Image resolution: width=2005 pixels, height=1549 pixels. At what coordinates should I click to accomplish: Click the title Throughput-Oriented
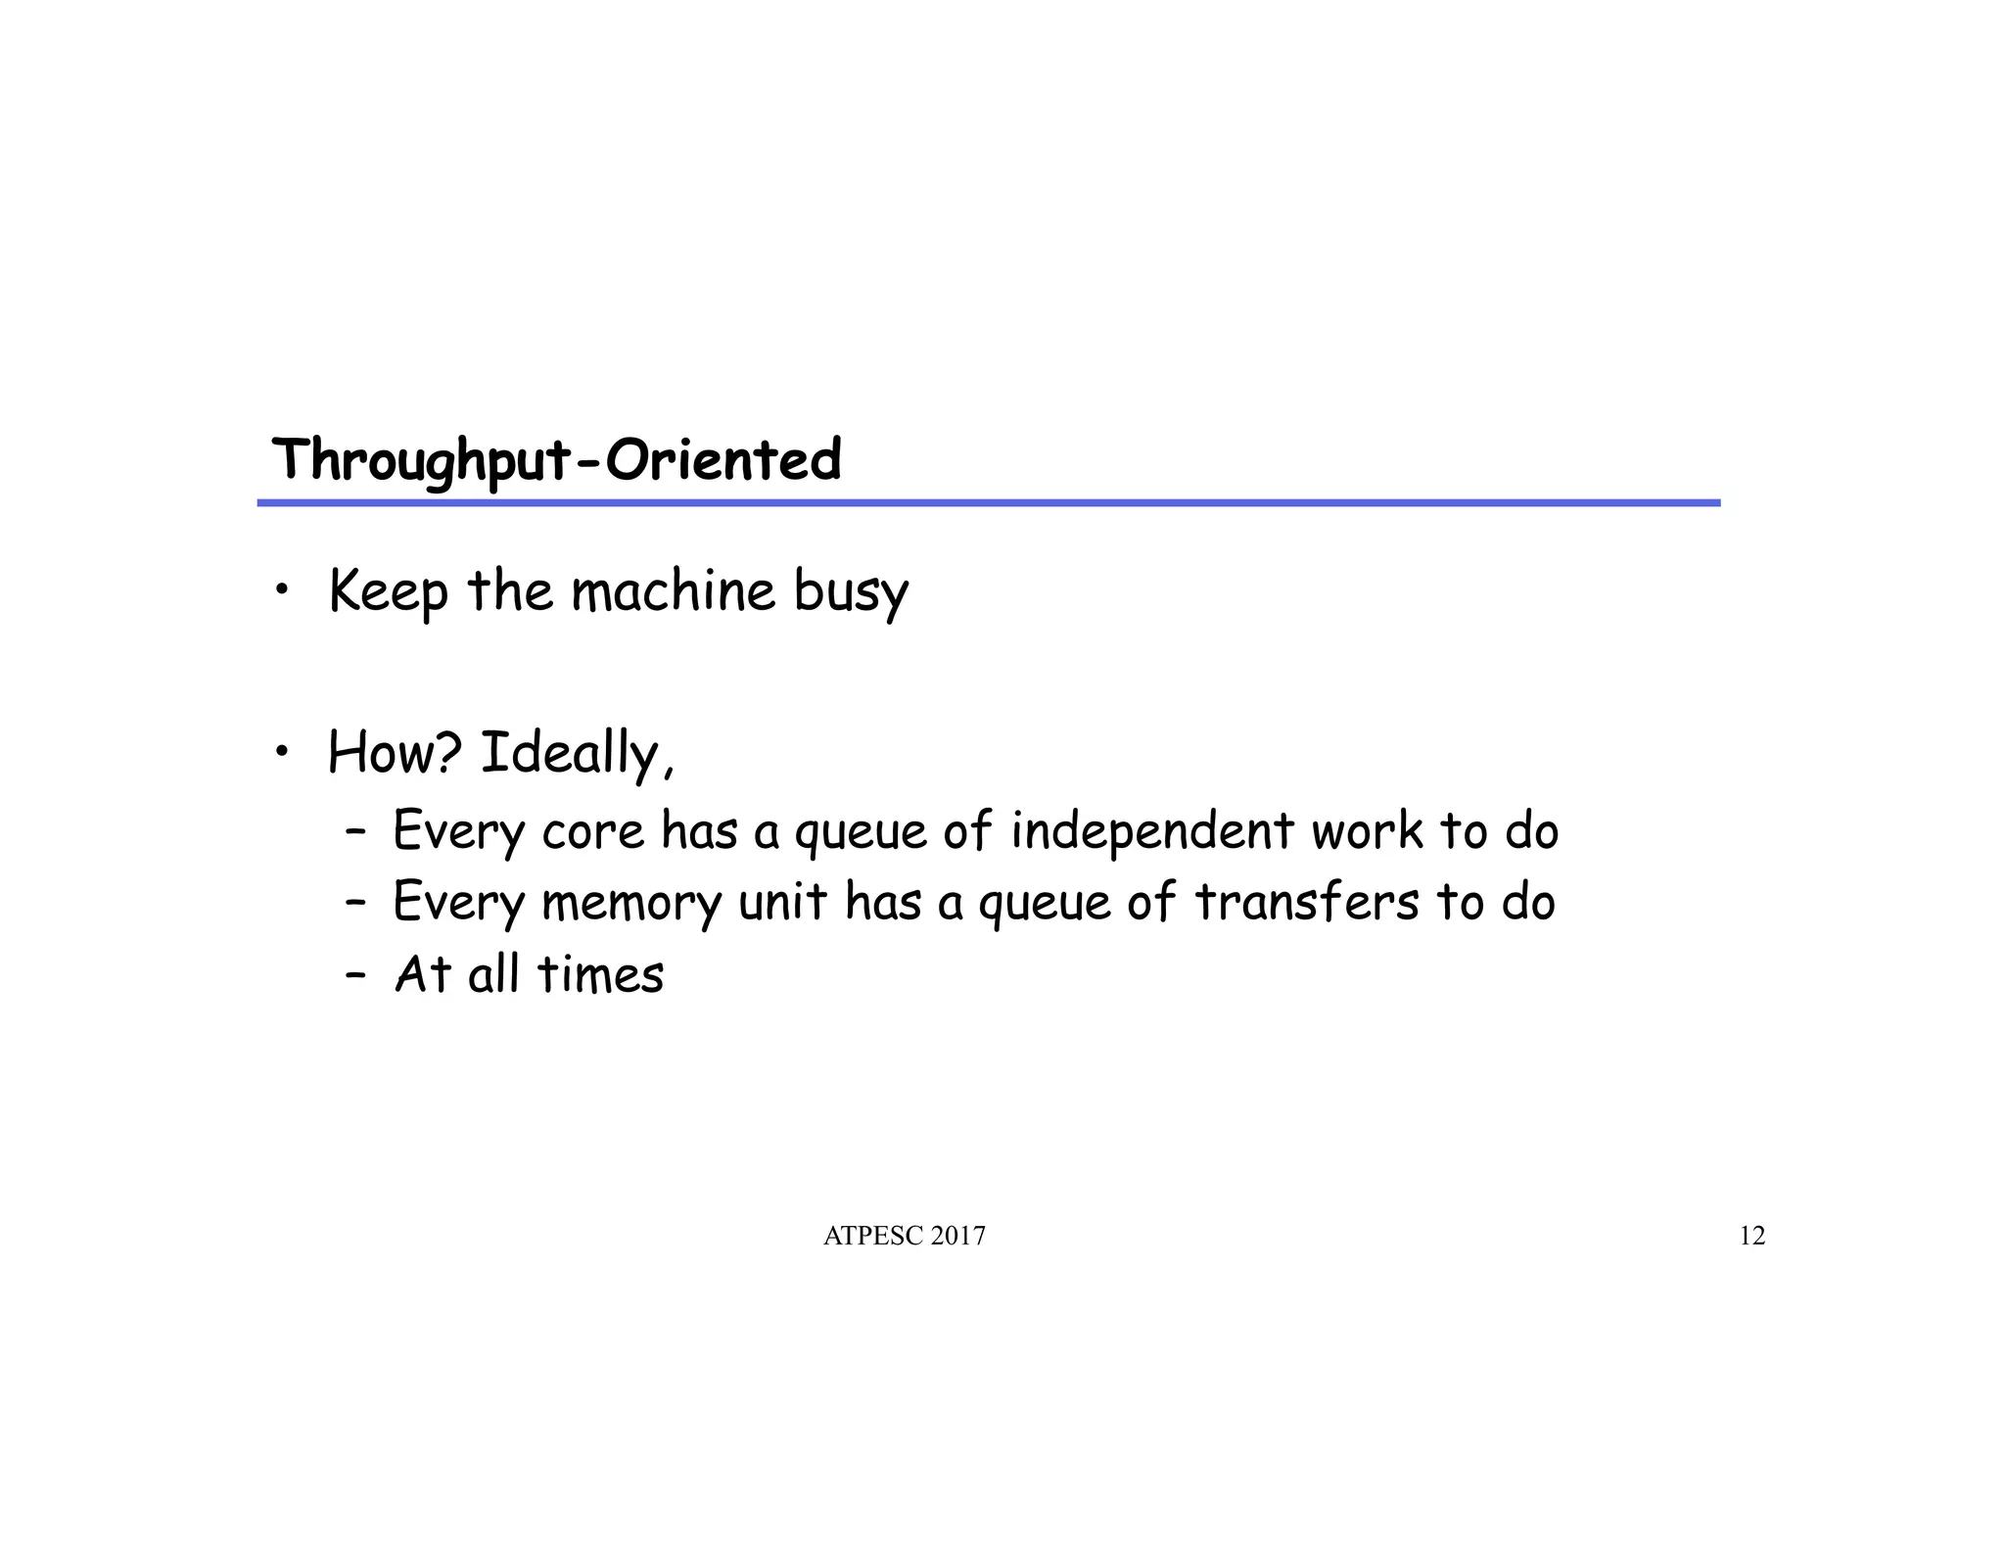[556, 460]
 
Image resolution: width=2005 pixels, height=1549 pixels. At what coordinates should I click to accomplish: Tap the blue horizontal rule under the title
[989, 503]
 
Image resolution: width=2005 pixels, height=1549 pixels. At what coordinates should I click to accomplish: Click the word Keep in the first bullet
[388, 592]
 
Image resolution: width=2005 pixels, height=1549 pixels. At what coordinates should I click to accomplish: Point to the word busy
[851, 592]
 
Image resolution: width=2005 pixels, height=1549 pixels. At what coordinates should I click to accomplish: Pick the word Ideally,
[578, 755]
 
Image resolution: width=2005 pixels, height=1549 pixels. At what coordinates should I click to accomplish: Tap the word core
[592, 832]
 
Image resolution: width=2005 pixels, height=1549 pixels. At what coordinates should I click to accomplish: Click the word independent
[1151, 831]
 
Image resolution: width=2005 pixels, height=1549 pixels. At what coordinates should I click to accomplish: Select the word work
[1367, 831]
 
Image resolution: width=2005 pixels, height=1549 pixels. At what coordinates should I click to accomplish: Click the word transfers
[1306, 902]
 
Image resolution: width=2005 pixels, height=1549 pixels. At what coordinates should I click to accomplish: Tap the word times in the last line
[600, 975]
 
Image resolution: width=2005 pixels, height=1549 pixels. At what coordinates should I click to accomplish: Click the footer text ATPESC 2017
[905, 1237]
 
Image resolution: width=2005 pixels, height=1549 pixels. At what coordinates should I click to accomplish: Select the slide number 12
[1751, 1237]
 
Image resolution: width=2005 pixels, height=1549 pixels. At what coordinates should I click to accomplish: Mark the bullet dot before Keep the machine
[282, 589]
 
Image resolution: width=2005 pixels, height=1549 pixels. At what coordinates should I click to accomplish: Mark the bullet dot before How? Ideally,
[282, 751]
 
